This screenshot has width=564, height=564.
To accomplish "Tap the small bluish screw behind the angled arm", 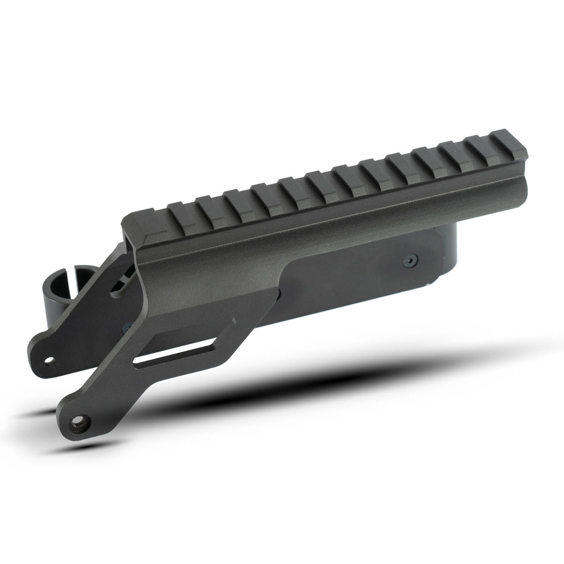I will [x=127, y=327].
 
